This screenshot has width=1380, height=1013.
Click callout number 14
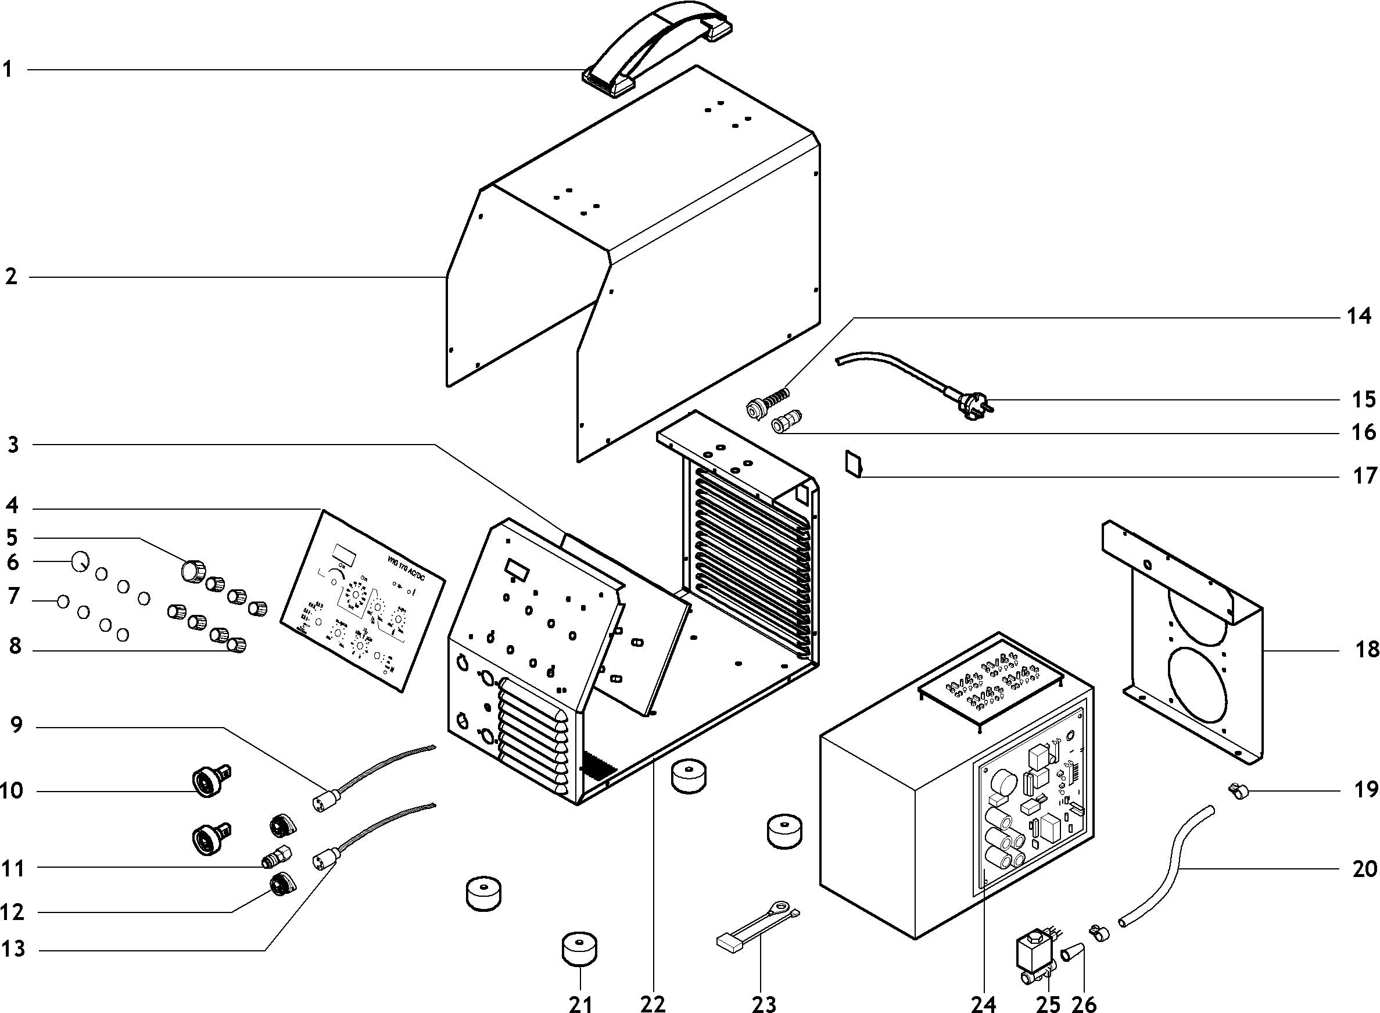1359,316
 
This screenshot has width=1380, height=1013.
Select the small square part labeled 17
853,463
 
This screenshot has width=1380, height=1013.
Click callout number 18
1367,648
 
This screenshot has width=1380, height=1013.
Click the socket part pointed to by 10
209,782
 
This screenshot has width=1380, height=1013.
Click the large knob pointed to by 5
192,571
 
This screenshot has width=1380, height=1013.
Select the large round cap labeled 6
80,560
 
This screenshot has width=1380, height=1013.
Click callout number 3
13,445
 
